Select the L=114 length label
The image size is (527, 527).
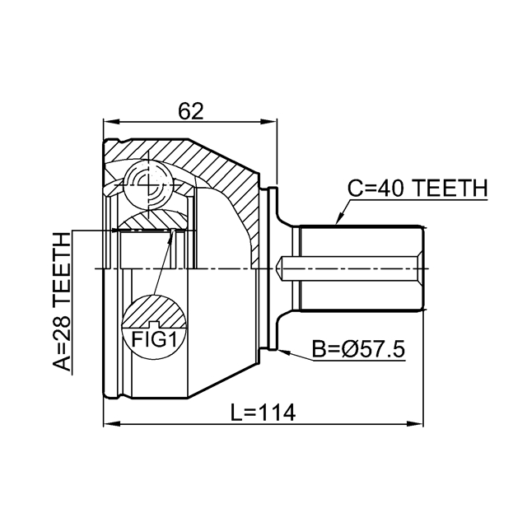point(263,409)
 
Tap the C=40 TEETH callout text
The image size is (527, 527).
point(417,188)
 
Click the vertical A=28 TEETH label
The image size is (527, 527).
point(63,302)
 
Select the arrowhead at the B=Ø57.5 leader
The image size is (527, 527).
point(282,352)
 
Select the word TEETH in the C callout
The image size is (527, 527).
point(450,188)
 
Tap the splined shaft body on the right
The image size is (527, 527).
point(362,268)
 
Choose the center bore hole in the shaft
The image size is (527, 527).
point(287,268)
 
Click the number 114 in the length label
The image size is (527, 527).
point(279,409)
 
